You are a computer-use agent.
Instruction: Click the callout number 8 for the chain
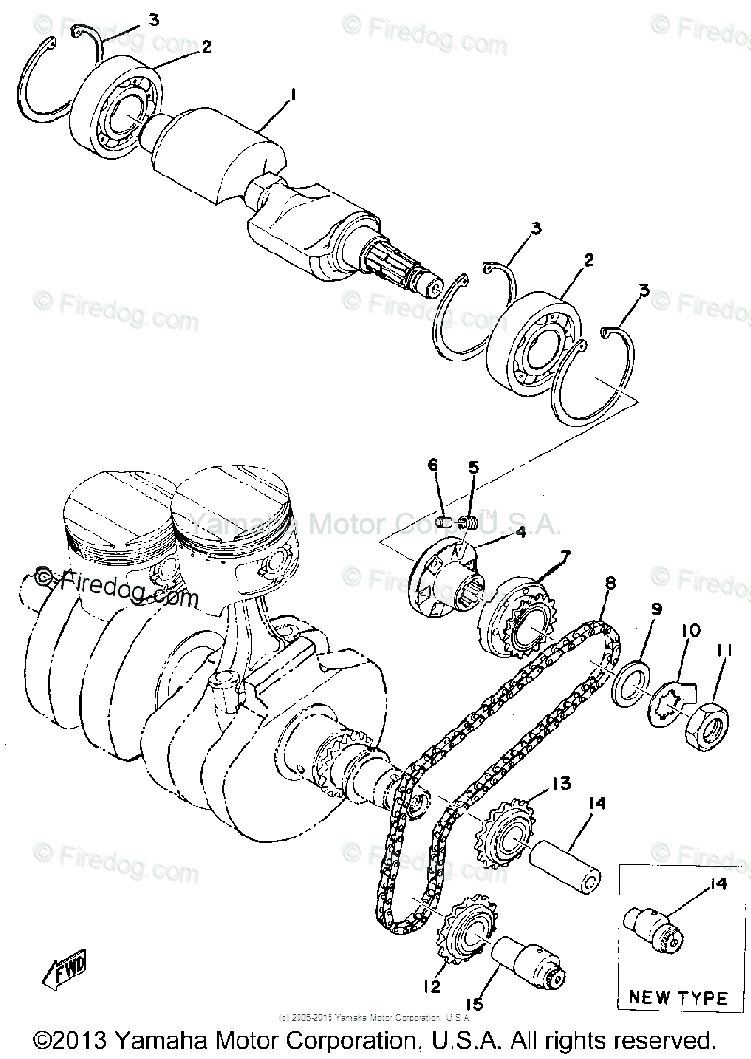click(x=611, y=584)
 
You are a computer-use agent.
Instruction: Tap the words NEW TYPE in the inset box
click(x=678, y=998)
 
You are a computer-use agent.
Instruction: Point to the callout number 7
click(x=565, y=557)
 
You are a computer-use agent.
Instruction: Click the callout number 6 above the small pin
click(x=434, y=466)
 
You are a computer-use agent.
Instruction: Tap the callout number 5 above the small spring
click(x=474, y=466)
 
